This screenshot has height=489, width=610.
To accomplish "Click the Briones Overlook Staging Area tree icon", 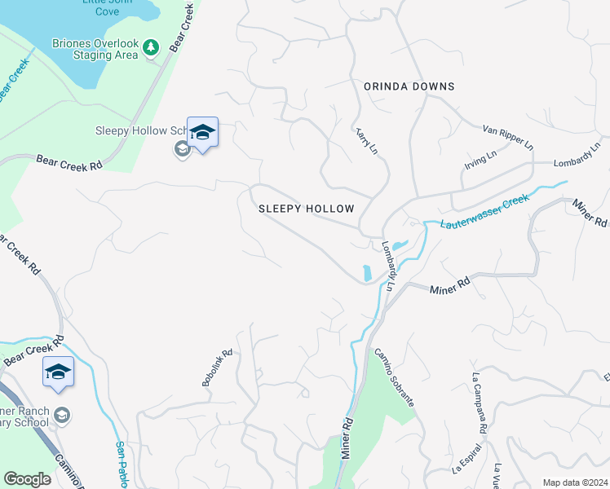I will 150,49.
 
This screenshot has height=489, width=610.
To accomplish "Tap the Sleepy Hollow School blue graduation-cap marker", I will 202,132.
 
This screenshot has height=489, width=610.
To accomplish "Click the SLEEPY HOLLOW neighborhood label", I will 307,209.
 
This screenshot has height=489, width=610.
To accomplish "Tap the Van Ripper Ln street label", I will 507,136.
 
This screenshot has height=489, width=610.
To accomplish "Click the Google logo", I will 27,479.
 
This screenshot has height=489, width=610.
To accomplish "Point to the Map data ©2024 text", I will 575,482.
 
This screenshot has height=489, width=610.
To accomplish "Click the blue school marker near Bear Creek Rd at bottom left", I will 59,372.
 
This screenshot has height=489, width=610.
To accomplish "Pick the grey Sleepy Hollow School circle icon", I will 182,149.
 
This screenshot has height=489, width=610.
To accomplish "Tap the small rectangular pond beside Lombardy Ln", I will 366,272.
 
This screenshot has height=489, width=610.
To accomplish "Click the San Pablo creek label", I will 121,465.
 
